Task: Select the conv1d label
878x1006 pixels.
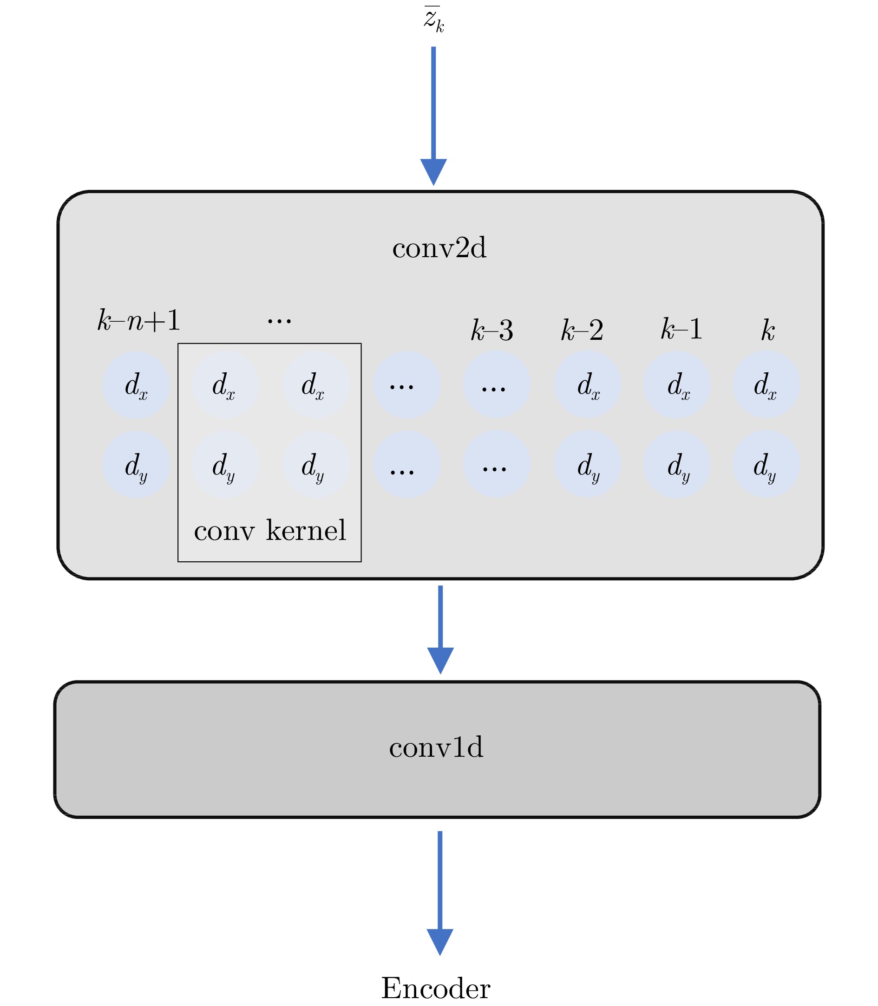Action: [436, 747]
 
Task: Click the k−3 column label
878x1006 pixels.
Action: [492, 330]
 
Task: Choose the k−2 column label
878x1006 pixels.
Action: [582, 330]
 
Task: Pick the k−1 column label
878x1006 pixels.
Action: [681, 329]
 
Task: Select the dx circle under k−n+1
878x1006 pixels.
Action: [136, 385]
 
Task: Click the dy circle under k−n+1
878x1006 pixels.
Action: [136, 465]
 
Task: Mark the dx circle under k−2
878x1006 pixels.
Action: [588, 385]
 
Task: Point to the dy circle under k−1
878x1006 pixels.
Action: [678, 465]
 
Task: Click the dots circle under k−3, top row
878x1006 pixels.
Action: [496, 385]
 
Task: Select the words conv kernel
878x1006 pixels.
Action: [270, 530]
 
